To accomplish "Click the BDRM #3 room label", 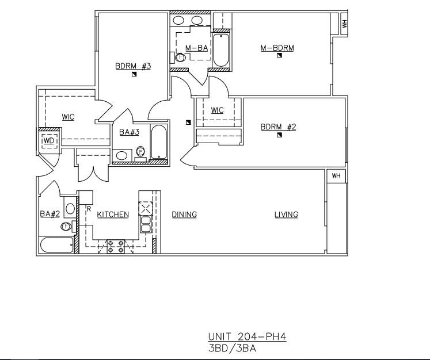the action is (133, 66).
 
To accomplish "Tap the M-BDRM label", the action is (277, 48).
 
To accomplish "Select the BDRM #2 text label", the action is (279, 127).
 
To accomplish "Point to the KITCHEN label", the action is (113, 215).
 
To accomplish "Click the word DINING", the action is (184, 215).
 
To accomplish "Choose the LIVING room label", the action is (286, 215).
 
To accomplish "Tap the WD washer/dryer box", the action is (50, 141).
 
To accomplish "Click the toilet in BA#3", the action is (140, 151).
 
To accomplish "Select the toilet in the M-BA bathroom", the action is (180, 58).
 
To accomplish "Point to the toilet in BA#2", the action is (66, 227).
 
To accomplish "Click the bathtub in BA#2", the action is (57, 245).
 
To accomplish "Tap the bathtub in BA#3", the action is (159, 142).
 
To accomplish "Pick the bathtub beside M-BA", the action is (221, 50).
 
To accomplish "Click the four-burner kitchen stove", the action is (116, 246).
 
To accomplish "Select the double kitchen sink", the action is (146, 224).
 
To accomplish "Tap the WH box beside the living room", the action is (336, 175).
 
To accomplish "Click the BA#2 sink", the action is (70, 209).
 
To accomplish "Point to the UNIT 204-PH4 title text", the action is (247, 336).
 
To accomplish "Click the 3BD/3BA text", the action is (232, 348).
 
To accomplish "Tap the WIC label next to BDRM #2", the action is (217, 110).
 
